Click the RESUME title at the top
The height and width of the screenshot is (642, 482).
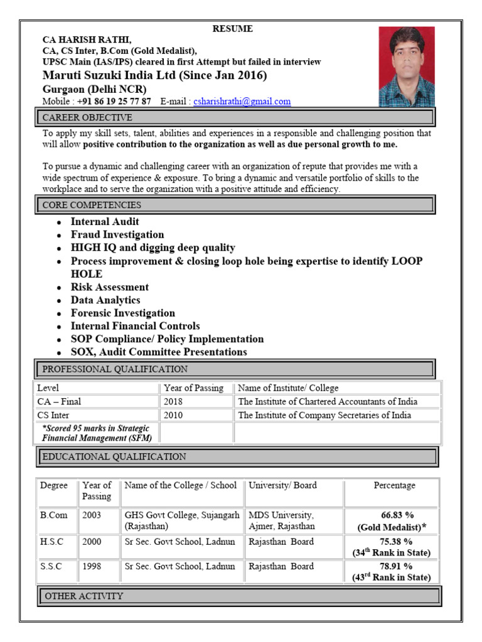232,29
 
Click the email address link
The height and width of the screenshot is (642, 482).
242,102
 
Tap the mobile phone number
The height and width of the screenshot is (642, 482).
114,102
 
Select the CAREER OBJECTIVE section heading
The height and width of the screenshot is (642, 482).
87,118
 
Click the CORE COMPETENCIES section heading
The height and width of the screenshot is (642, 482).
92,205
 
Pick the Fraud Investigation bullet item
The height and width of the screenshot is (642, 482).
117,235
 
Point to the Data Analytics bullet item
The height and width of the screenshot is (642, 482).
105,300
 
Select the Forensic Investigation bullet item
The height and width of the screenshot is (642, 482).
123,313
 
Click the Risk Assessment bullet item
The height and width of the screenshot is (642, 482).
110,287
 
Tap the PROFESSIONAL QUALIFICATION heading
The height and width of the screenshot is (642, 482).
115,369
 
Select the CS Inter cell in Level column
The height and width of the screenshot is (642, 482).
53,415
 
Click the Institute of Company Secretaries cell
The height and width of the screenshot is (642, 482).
324,415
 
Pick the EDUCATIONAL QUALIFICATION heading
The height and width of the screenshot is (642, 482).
114,457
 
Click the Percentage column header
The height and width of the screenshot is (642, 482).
394,486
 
